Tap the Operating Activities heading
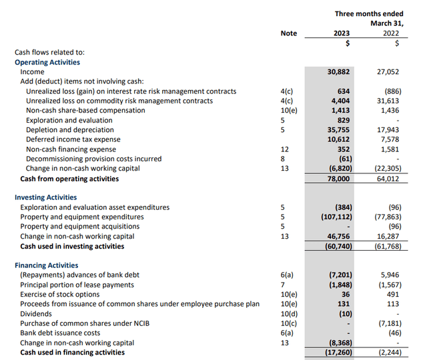[x=47, y=62]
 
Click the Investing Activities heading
[x=45, y=197]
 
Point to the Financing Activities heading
[x=47, y=265]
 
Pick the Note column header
[x=288, y=33]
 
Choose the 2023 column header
[x=340, y=33]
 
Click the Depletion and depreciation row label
[x=69, y=130]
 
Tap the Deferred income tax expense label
[x=73, y=139]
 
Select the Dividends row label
[x=36, y=314]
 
